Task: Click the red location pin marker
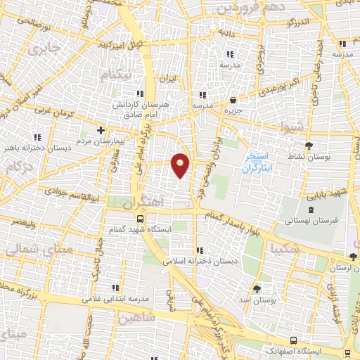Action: [181, 165]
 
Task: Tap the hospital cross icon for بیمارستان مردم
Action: [101, 130]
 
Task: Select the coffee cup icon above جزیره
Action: [233, 100]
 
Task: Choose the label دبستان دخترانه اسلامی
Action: [201, 261]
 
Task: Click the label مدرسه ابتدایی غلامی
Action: [118, 298]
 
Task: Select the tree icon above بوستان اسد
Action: [257, 289]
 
